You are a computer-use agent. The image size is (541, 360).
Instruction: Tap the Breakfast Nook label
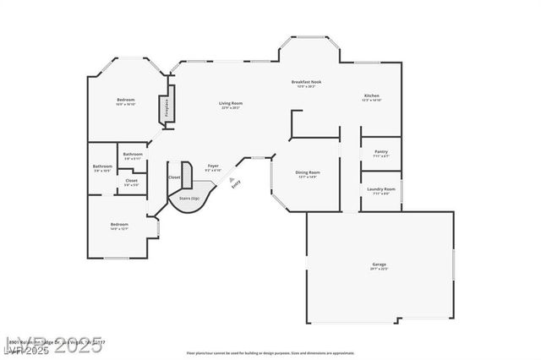[306, 82]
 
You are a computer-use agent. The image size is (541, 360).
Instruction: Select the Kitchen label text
[372, 95]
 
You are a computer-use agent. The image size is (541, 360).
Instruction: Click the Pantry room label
[380, 152]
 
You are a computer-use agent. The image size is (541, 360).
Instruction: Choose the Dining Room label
[307, 172]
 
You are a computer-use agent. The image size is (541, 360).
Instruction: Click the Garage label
[379, 265]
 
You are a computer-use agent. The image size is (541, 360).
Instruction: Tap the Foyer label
[213, 166]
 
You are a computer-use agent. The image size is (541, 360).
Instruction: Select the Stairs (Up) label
[189, 198]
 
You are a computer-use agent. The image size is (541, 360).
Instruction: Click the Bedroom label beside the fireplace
[125, 101]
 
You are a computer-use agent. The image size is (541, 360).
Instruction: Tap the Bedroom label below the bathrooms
[118, 224]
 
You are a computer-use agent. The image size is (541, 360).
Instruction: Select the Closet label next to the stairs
[173, 177]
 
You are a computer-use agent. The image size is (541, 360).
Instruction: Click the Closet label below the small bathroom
[131, 180]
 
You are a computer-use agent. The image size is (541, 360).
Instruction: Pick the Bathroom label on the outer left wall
[102, 166]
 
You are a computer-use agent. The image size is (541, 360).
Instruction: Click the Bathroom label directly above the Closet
[132, 155]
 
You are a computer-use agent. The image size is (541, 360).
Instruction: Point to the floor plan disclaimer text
[270, 352]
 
